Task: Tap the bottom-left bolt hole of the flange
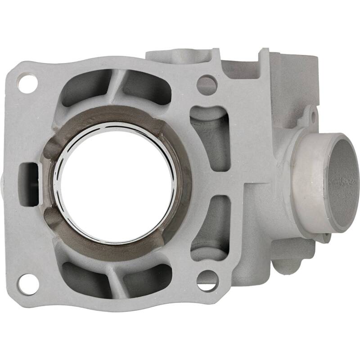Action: point(27,283)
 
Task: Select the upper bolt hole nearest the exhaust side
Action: point(207,84)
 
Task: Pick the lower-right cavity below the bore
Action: point(146,274)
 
